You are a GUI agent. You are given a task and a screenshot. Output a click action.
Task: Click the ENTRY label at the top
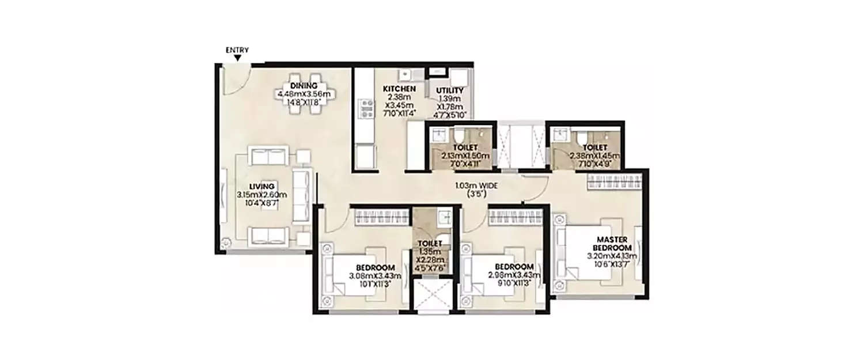[x=237, y=50]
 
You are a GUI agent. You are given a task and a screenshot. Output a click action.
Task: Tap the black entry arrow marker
[x=237, y=58]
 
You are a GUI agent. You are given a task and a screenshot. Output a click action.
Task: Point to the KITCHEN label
[x=399, y=89]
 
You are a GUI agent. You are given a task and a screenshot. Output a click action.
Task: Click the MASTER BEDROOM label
[x=611, y=243]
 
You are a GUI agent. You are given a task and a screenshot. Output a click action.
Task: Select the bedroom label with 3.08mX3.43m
[x=374, y=268]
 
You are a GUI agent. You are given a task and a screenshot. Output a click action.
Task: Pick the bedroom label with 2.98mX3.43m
[x=514, y=268]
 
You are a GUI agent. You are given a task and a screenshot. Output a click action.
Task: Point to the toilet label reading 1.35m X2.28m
[x=433, y=244]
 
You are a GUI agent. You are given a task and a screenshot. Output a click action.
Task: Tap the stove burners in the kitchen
[x=365, y=108]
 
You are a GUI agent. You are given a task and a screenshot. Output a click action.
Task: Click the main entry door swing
[x=235, y=81]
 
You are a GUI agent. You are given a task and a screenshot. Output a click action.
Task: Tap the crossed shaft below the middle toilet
[x=433, y=295]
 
